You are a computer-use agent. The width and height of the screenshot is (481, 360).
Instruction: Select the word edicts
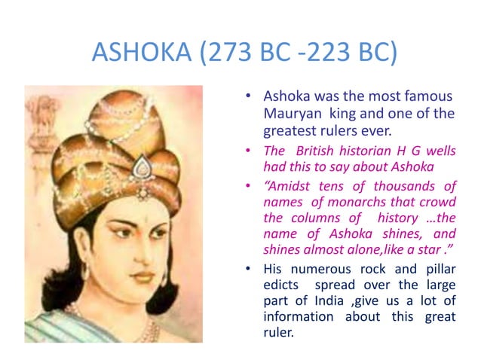pyautogui.click(x=280, y=285)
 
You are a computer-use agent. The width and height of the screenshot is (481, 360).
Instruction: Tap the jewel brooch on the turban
pyautogui.click(x=142, y=166)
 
